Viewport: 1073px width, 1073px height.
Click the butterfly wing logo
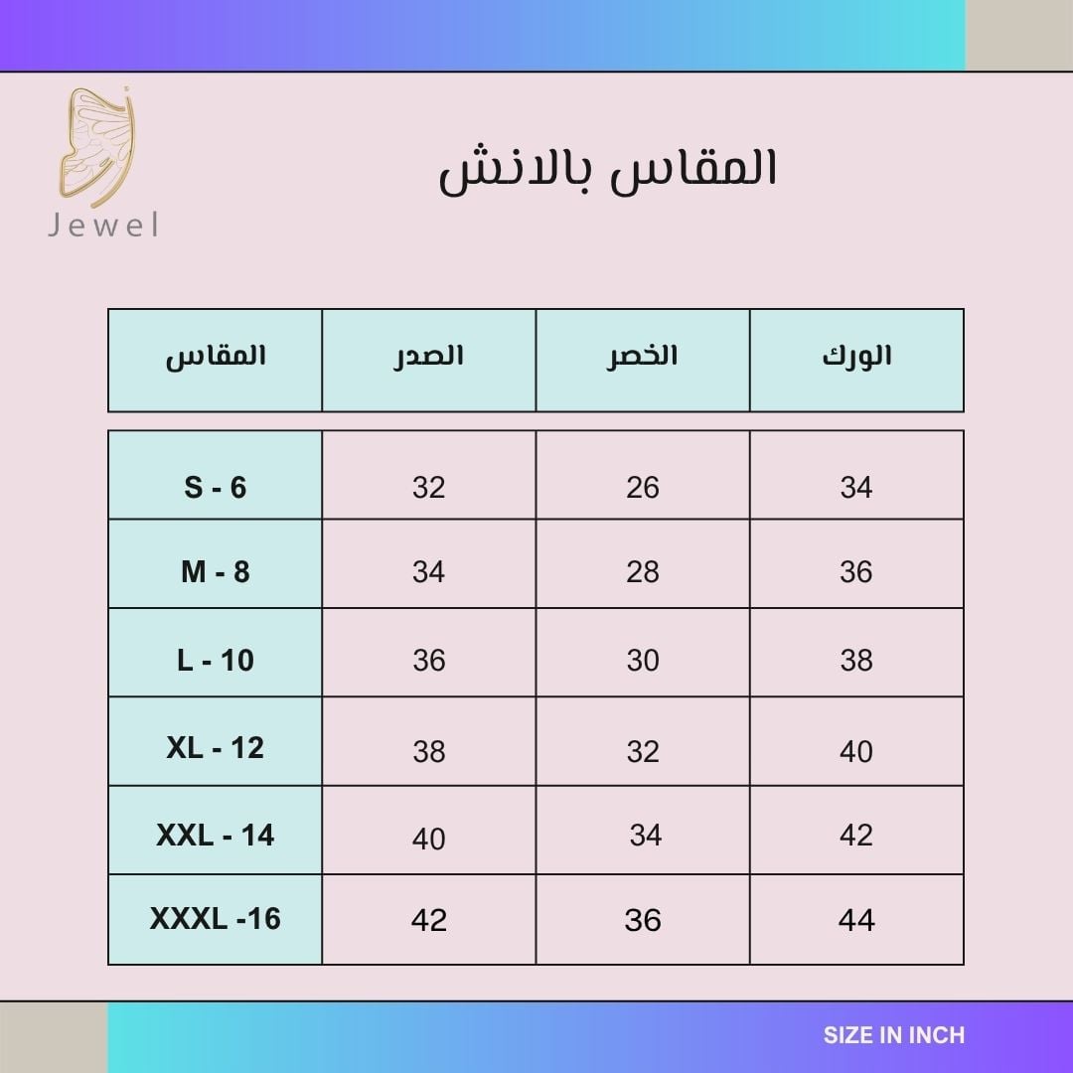[x=95, y=147]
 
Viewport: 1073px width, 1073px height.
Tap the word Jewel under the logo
[x=103, y=226]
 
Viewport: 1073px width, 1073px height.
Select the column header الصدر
[x=428, y=356]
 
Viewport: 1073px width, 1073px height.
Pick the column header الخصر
[x=642, y=356]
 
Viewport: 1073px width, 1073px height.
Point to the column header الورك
[x=856, y=356]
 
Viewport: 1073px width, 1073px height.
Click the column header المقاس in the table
[x=215, y=356]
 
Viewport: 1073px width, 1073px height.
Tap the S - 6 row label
[x=215, y=487]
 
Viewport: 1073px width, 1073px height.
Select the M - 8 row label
[x=215, y=571]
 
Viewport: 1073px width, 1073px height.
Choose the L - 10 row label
[x=215, y=661]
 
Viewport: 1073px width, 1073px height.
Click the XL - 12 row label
[x=215, y=747]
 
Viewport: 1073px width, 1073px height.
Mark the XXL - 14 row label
[x=215, y=835]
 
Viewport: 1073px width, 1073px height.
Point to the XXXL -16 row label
[x=215, y=918]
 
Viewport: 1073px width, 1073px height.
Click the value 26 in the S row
[x=643, y=487]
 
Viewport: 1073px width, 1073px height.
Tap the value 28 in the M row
[x=643, y=571]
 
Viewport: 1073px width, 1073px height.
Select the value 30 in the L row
[x=643, y=661]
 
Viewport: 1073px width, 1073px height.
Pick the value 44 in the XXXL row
[x=856, y=920]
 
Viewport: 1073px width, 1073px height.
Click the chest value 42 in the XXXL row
[x=429, y=920]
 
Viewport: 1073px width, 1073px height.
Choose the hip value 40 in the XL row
[x=856, y=751]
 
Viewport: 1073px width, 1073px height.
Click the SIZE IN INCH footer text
[x=894, y=1035]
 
